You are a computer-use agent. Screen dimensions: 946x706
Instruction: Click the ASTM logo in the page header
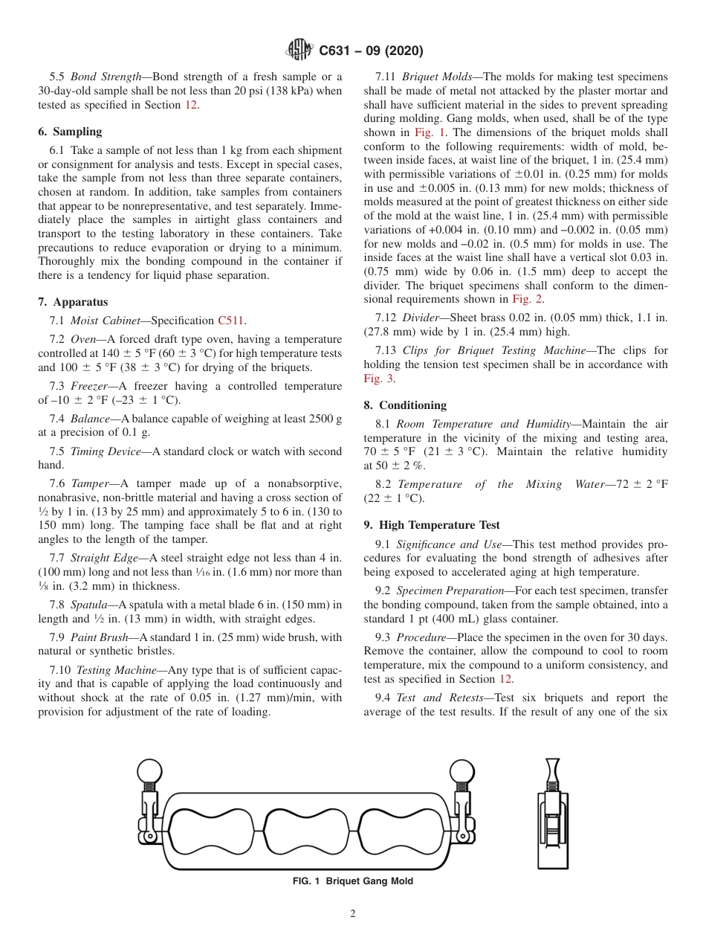(299, 51)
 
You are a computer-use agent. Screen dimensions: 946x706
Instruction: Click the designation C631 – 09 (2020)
(371, 51)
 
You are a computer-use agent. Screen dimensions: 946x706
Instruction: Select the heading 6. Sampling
(70, 132)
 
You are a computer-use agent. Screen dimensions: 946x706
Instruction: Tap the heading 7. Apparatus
(73, 302)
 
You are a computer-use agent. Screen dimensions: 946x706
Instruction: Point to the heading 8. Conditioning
(405, 405)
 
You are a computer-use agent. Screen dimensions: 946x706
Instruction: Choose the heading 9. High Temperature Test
(432, 525)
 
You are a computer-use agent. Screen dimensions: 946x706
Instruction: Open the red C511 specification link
(231, 321)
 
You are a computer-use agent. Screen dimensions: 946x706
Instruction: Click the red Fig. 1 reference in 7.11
(430, 132)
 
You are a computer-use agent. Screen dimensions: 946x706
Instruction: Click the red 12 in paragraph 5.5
(191, 105)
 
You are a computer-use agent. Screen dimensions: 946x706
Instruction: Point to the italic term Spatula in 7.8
(89, 605)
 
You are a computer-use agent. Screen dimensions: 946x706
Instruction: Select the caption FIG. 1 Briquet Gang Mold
(353, 881)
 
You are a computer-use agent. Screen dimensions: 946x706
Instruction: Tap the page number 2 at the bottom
(353, 914)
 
